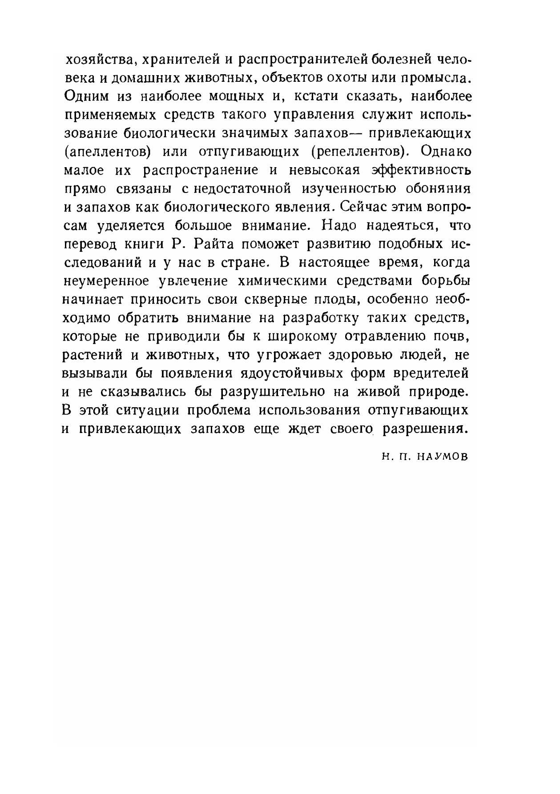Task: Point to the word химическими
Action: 282,282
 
